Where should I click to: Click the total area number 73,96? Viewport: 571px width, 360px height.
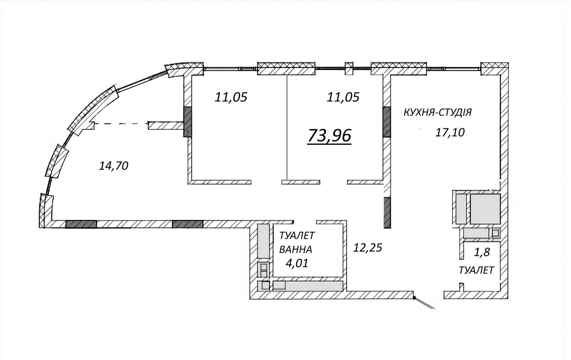(x=329, y=135)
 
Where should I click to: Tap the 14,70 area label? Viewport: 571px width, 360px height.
(x=114, y=166)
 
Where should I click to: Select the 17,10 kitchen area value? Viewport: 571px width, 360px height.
(x=450, y=132)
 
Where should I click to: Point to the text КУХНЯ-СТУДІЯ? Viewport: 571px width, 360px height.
(x=438, y=112)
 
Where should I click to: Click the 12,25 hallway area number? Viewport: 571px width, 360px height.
(x=368, y=248)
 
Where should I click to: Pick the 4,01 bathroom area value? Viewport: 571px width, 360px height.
(x=297, y=263)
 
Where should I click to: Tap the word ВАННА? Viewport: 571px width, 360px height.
(x=296, y=249)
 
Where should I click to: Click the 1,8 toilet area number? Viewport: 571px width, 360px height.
(x=481, y=252)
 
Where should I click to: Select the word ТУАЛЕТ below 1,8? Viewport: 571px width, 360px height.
(x=476, y=270)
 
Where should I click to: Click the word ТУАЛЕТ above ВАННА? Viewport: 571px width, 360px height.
(x=297, y=236)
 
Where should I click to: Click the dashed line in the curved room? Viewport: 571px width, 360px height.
(x=122, y=124)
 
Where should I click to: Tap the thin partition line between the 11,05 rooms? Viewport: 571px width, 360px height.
(x=287, y=127)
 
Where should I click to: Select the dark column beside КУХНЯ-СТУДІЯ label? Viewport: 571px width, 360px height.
(x=386, y=122)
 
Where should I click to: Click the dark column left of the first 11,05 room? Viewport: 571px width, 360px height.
(x=187, y=122)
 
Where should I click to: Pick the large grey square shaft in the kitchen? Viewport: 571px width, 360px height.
(x=485, y=209)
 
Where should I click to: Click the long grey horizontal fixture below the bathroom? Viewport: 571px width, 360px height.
(x=308, y=286)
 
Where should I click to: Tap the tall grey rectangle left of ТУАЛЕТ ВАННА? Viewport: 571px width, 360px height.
(x=263, y=241)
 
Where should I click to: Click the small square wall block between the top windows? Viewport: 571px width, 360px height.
(x=349, y=68)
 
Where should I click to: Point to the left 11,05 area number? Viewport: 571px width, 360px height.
(x=231, y=97)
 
